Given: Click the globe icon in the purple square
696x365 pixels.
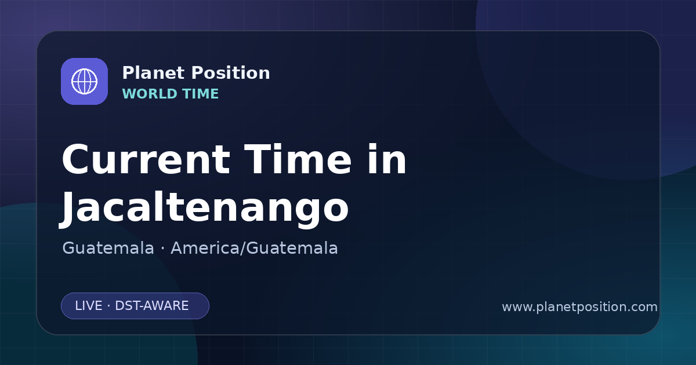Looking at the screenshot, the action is [x=84, y=81].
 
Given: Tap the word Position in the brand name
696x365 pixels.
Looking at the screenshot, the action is [x=231, y=73].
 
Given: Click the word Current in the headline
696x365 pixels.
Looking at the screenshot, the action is [x=146, y=160].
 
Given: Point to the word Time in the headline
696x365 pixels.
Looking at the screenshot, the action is [x=298, y=159].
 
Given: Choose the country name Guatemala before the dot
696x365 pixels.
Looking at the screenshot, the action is [x=108, y=248].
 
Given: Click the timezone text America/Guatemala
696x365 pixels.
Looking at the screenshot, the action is [x=254, y=248].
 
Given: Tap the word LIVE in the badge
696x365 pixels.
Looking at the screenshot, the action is [x=89, y=306].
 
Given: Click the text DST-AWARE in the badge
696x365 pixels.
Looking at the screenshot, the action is [x=151, y=306].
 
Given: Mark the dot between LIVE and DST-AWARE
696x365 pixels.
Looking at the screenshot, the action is [x=109, y=306].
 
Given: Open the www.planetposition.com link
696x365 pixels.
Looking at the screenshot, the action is [x=580, y=307].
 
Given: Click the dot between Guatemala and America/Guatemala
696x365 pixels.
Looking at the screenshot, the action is [x=162, y=249].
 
